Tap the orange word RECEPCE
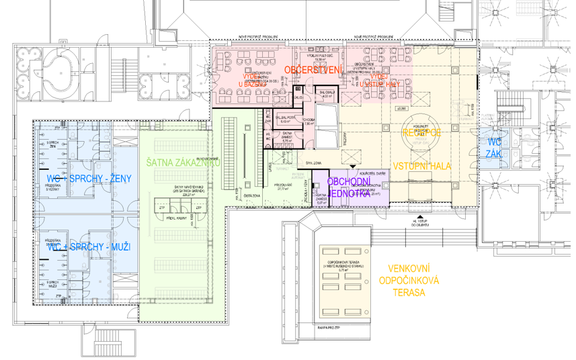click(421, 133)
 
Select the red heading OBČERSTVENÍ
click(313, 70)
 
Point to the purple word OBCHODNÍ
click(349, 181)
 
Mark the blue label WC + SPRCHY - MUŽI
click(84, 248)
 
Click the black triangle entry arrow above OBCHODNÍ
click(352, 165)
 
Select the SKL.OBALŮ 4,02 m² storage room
click(327, 95)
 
